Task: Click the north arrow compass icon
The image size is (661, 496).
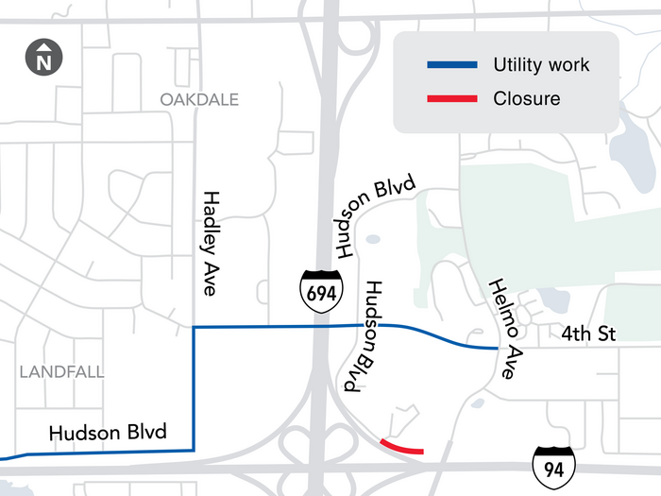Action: coord(43,58)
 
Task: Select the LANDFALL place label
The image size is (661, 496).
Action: coord(61,372)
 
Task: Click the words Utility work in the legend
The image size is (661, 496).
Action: coord(541,65)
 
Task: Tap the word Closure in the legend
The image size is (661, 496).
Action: coord(527,98)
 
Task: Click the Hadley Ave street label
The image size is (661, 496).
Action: coord(210,242)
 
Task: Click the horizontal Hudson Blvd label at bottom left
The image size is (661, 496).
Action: coord(108,433)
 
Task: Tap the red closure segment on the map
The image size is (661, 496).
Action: coord(401,447)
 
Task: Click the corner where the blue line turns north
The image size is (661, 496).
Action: coord(194,450)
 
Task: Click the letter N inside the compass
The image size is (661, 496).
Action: coord(43,63)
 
